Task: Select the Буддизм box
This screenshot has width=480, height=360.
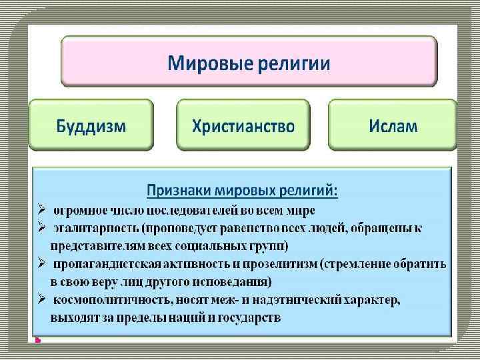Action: tap(91, 125)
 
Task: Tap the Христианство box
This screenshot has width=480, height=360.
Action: tap(243, 125)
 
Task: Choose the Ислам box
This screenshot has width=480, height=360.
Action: tap(393, 125)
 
